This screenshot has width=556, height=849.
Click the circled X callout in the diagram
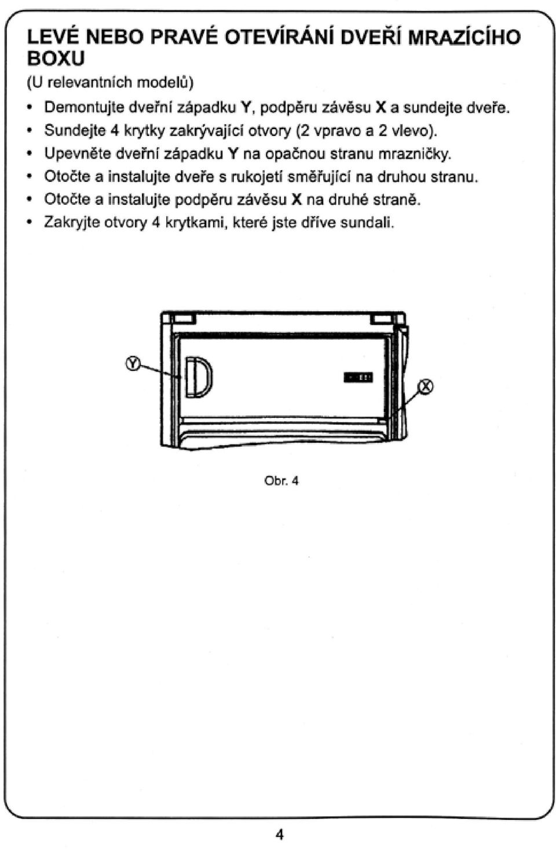click(425, 387)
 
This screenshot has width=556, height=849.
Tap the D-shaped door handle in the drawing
click(199, 377)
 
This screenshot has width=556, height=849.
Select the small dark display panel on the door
click(358, 377)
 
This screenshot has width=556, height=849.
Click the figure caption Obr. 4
click(281, 481)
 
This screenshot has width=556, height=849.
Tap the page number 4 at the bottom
click(279, 834)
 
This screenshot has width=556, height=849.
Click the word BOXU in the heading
click(56, 59)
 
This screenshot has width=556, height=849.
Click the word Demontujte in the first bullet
click(84, 108)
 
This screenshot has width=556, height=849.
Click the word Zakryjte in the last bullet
click(72, 222)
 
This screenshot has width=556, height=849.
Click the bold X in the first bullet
click(380, 108)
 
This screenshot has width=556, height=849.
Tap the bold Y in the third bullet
click(232, 153)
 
